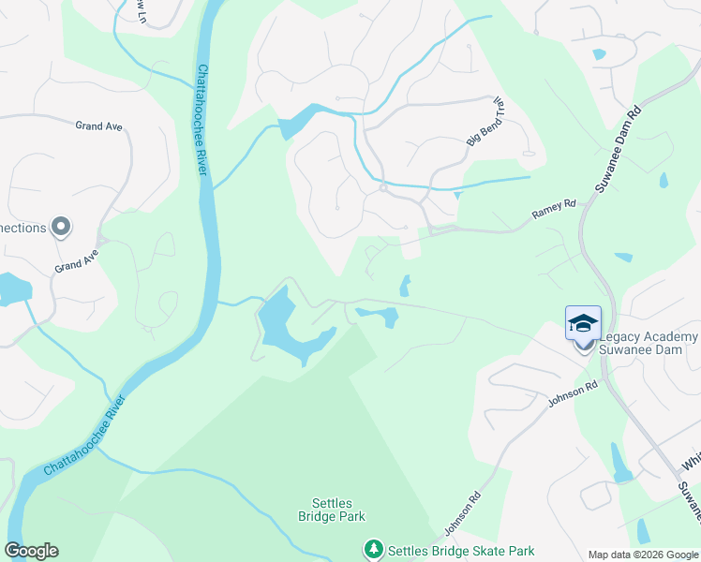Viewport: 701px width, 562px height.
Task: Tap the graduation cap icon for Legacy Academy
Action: point(584,324)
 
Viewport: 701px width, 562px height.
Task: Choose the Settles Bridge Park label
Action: point(331,510)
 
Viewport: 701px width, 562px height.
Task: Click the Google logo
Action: point(31,551)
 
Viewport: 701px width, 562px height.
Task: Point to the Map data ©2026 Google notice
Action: point(642,554)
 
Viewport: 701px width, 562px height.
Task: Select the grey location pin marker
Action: point(61,227)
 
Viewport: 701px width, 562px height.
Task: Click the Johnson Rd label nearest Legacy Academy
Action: point(572,392)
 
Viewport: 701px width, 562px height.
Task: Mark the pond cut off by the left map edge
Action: point(11,289)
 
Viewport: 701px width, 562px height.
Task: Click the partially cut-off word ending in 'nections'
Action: point(23,228)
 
